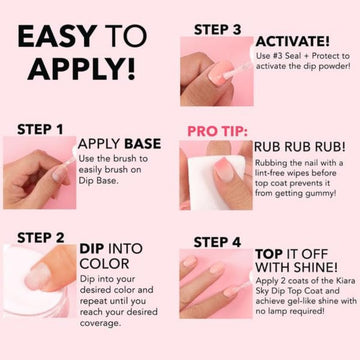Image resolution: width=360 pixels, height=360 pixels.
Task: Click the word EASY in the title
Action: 58,36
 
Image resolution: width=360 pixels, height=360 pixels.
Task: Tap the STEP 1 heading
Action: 40,129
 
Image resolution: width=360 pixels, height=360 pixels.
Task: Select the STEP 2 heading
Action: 41,238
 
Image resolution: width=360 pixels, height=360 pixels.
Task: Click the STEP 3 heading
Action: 217,30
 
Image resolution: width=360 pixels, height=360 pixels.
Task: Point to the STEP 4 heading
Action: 217,242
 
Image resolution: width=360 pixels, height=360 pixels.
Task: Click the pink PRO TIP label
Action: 218,131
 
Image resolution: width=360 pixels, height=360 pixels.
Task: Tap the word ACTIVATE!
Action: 293,42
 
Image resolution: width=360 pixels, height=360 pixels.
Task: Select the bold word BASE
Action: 143,144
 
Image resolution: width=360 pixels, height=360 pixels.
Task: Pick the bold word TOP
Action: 269,254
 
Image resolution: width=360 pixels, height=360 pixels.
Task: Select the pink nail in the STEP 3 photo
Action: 221,71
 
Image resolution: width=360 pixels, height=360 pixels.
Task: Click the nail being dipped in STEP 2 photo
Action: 38,276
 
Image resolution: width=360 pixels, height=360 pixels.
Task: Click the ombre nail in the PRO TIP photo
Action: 224,169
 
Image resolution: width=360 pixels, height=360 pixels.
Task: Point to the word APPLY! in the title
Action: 82,69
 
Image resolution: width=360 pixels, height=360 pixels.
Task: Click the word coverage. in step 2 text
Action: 100,323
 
